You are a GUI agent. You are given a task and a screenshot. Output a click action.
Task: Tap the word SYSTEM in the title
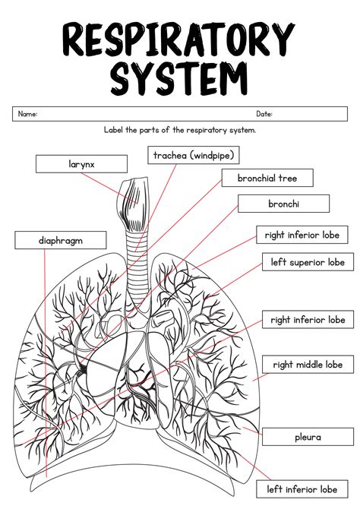(x=179, y=77)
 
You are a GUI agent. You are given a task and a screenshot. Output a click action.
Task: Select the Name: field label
(x=27, y=114)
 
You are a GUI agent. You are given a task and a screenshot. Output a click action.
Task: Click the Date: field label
(x=264, y=114)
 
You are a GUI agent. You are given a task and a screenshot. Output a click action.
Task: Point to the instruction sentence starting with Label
(x=180, y=130)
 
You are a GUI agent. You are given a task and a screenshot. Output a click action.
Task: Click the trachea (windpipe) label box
(x=194, y=156)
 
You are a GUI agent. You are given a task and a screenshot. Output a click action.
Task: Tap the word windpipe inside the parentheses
(x=212, y=156)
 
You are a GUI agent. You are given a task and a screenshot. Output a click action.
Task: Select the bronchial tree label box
(x=267, y=179)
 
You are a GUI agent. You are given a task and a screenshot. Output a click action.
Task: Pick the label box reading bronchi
(x=283, y=204)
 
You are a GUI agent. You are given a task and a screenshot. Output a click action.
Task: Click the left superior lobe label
(x=307, y=262)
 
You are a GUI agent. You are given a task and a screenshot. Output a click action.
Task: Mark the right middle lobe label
(x=308, y=365)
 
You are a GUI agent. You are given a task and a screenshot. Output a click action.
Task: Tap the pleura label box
(x=307, y=437)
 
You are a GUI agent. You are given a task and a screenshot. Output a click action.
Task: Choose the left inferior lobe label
(x=307, y=489)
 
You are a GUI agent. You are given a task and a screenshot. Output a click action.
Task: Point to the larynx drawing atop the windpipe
(x=137, y=198)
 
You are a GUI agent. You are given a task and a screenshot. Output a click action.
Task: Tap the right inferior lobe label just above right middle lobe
(x=307, y=320)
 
